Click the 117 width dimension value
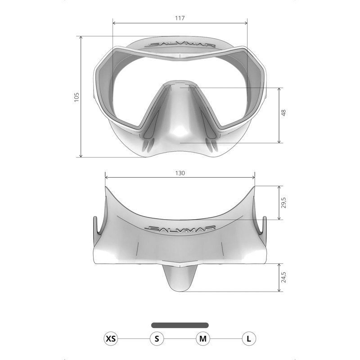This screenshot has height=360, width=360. click(180, 18)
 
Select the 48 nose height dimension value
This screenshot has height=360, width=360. click(284, 113)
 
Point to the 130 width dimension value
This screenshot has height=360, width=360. click(180, 172)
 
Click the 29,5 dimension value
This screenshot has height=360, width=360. click(284, 202)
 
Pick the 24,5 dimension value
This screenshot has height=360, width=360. click(284, 277)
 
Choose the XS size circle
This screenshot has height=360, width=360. click(111, 338)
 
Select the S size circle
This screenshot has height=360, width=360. click(157, 338)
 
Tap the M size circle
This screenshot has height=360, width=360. click(203, 338)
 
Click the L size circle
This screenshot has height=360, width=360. click(249, 338)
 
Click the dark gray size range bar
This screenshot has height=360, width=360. click(180, 325)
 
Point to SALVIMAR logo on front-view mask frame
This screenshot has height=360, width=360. click(180, 45)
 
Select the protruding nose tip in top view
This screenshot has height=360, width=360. click(180, 279)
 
